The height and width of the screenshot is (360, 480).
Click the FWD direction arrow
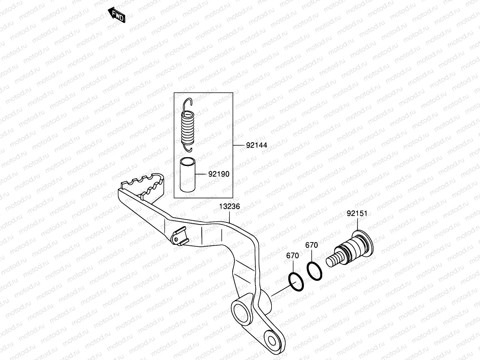[x=116, y=15]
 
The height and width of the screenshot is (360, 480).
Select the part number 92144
[x=256, y=145]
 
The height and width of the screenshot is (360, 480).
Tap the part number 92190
[x=219, y=174]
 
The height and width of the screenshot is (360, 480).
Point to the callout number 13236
[x=229, y=207]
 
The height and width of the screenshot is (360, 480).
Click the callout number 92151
[x=357, y=213]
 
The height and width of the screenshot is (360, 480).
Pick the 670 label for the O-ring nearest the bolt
[x=311, y=245]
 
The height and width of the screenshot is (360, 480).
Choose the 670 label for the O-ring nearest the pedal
[x=292, y=256]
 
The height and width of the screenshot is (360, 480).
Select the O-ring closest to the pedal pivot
[x=296, y=282]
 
